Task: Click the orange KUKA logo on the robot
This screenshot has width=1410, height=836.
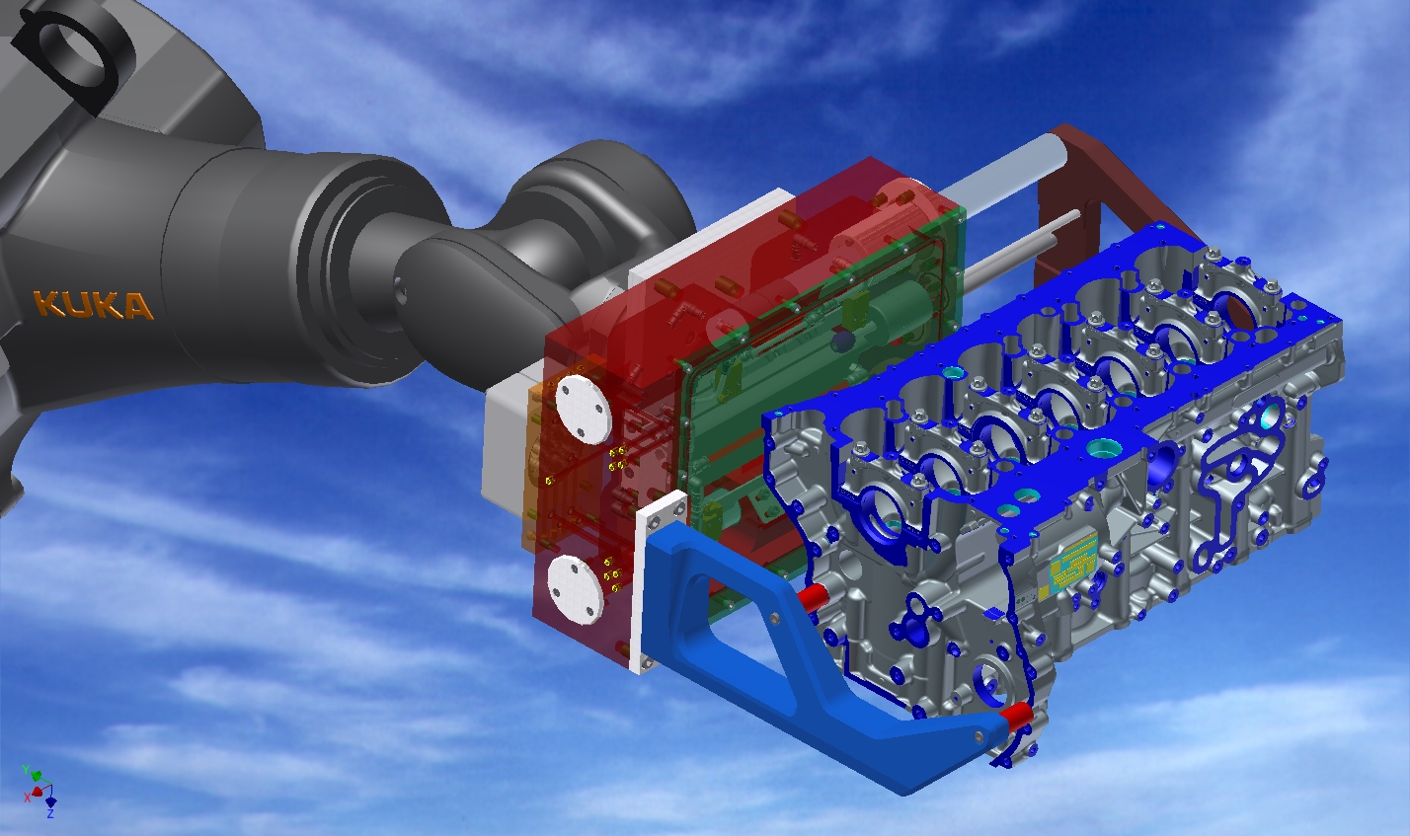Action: point(93,305)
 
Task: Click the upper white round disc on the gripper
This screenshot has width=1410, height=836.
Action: point(585,410)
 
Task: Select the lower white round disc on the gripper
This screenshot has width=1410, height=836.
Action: point(576,589)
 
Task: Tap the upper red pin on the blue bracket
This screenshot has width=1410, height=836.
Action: point(812,597)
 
